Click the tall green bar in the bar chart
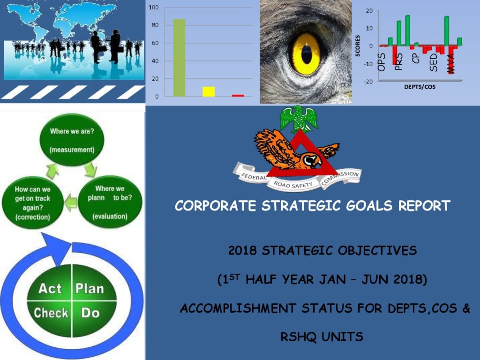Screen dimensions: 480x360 click(x=179, y=58)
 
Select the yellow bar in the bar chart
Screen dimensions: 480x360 click(x=209, y=92)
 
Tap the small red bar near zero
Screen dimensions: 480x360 click(x=238, y=96)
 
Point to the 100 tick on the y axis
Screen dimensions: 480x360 click(x=154, y=7)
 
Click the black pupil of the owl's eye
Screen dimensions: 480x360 click(x=307, y=54)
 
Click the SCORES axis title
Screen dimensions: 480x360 click(x=357, y=46)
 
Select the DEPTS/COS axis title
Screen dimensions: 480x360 click(x=420, y=87)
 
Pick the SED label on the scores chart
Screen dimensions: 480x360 click(x=434, y=62)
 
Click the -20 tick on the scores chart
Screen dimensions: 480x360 click(x=368, y=82)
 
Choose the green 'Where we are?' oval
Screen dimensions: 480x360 click(x=72, y=140)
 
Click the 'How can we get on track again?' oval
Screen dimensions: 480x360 click(x=33, y=202)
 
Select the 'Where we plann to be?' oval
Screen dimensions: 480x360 click(x=110, y=202)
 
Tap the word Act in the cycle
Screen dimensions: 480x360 click(x=50, y=288)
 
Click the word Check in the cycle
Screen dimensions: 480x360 click(x=51, y=313)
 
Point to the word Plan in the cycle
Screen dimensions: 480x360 click(x=90, y=288)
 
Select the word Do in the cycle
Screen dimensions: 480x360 click(x=90, y=313)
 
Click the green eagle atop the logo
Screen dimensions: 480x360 click(x=299, y=119)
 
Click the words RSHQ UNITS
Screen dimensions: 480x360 click(x=322, y=337)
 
